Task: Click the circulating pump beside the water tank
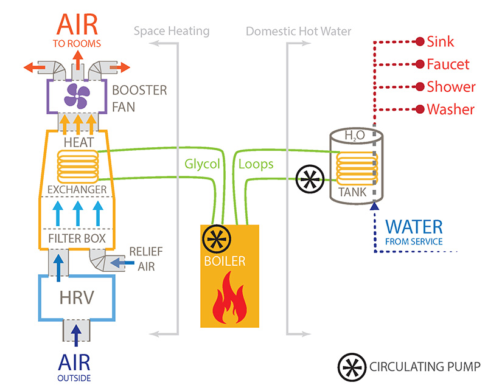[309, 179]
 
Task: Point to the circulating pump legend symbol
[352, 366]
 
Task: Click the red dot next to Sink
[419, 42]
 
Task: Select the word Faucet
[448, 64]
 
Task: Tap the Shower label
[451, 87]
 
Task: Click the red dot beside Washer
[419, 109]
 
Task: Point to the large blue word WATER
[414, 227]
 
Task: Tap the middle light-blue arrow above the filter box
[78, 213]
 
